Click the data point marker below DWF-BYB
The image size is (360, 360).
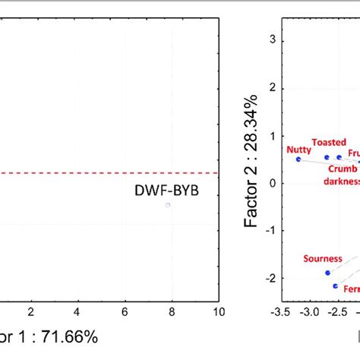pos(168,205)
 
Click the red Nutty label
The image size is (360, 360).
pos(298,150)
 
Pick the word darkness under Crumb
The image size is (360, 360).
pos(342,181)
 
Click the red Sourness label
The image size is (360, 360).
pos(323,259)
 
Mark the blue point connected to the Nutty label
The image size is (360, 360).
pos(298,159)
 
